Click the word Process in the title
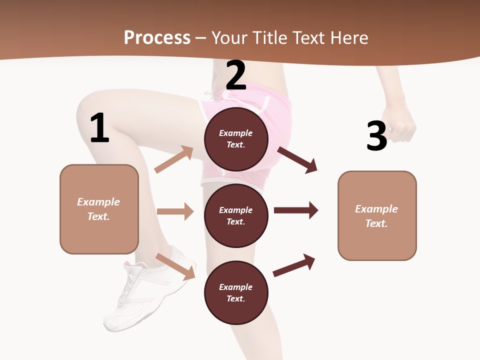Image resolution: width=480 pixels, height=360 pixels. point(157,38)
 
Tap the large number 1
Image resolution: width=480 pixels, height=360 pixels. point(99,128)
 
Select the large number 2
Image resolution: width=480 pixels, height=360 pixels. point(236,75)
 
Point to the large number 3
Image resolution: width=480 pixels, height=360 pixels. point(376,136)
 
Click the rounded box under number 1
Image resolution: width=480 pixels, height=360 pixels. point(99,209)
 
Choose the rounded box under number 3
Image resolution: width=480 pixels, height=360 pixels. point(377,215)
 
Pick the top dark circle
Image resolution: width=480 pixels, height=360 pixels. point(236,139)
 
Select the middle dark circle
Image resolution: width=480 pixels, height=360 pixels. point(236,215)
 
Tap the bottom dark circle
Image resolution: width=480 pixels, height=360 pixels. point(236,292)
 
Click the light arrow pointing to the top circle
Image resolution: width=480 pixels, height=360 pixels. point(174,159)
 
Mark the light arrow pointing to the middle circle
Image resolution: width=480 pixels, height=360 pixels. point(175,211)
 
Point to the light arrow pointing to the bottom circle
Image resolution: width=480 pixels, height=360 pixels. point(175,266)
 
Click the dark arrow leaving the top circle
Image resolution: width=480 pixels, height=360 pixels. point(297,159)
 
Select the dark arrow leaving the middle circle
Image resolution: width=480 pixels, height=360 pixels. point(295,210)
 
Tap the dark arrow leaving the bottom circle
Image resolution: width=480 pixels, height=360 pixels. point(294,265)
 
